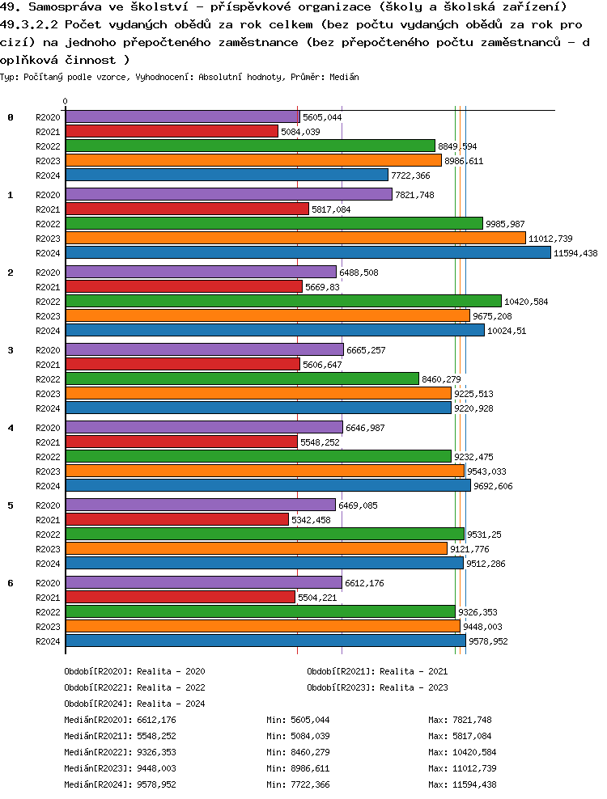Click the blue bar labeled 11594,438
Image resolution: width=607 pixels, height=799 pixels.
[308, 252]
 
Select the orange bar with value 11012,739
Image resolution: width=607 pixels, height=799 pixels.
[295, 238]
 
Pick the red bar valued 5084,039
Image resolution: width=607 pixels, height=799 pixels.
[172, 131]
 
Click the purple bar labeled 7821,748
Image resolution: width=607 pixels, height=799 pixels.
[228, 194]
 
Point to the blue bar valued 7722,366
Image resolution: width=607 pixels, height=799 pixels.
[227, 175]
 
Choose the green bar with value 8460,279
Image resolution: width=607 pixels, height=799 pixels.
[242, 378]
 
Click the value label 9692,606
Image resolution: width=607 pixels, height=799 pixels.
[493, 486]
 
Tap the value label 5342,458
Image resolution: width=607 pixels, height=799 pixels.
[312, 520]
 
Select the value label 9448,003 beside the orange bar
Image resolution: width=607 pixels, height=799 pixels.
[482, 627]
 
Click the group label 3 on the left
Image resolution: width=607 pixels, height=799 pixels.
[11, 350]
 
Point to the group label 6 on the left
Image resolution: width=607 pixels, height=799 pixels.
[11, 583]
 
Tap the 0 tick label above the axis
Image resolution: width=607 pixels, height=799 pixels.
[66, 102]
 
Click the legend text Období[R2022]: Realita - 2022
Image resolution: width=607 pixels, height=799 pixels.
[134, 687]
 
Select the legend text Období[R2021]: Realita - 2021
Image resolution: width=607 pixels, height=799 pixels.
[377, 671]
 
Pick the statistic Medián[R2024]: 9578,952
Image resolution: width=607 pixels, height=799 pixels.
[120, 784]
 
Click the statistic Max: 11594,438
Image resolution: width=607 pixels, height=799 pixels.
[463, 784]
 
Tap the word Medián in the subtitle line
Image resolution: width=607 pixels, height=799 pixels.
[345, 76]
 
